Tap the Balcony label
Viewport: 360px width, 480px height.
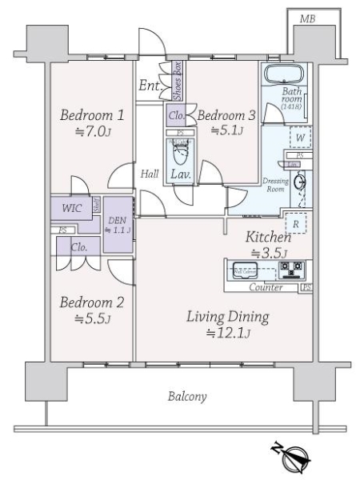[x=188, y=396]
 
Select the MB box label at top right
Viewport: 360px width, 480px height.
[x=306, y=18]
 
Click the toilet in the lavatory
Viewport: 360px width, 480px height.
[x=180, y=150]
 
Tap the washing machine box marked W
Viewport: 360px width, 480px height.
[x=298, y=138]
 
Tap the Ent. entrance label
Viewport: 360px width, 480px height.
[x=149, y=86]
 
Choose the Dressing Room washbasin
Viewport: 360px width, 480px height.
[x=300, y=182]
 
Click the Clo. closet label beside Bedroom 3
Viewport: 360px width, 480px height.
[x=177, y=115]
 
